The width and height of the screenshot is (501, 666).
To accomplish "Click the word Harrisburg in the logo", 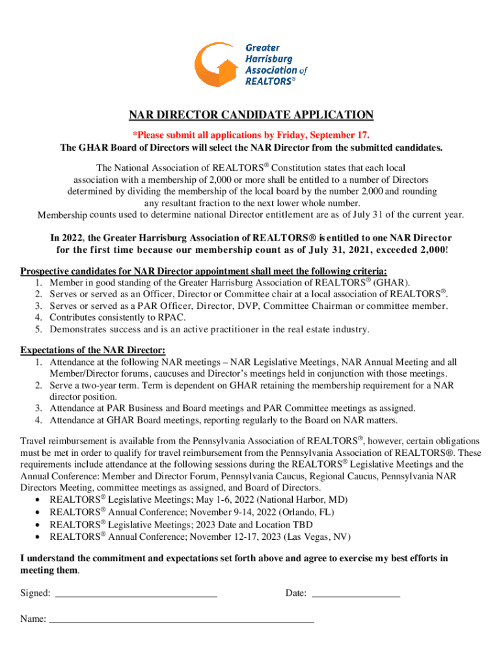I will click(x=269, y=59).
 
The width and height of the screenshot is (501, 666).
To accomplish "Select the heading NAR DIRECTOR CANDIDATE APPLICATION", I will click(x=251, y=116).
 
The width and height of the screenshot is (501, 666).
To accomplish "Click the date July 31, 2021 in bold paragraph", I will click(x=357, y=250).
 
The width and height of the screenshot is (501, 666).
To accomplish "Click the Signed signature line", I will click(x=136, y=593).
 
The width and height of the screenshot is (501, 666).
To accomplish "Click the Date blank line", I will click(x=356, y=593).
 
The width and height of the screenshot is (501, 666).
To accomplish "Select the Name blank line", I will click(x=182, y=619).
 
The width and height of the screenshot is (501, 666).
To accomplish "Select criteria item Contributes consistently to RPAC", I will click(x=117, y=317).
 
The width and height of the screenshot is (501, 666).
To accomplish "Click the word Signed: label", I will click(x=35, y=593).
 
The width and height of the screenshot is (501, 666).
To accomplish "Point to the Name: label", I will click(x=33, y=619).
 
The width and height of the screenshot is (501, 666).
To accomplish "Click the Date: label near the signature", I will click(x=296, y=593).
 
